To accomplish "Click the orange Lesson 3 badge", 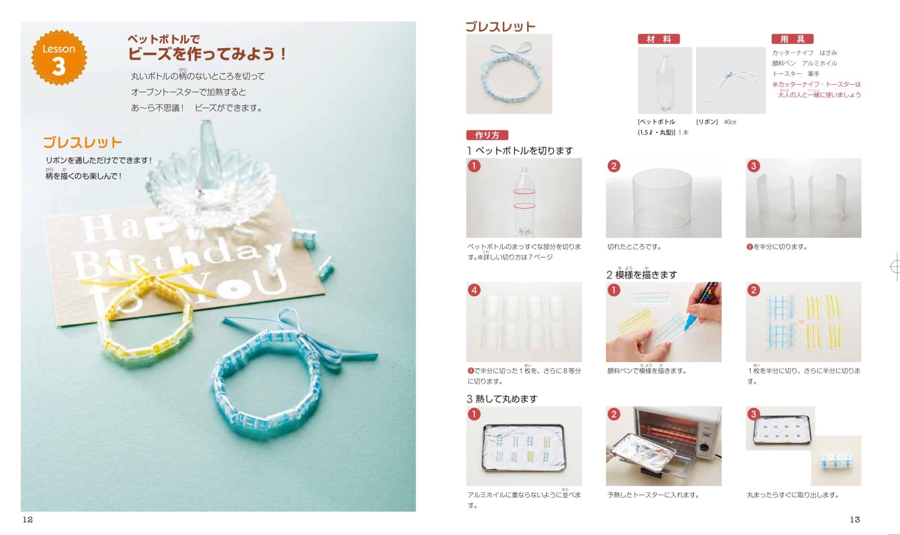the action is pyautogui.click(x=59, y=57).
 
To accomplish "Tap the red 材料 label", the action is pyautogui.click(x=658, y=39).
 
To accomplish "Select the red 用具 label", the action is pyautogui.click(x=792, y=39).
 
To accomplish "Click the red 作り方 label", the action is pyautogui.click(x=487, y=135).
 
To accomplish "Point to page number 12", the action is pyautogui.click(x=28, y=520).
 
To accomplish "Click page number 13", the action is pyautogui.click(x=855, y=520).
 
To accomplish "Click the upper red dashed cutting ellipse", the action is pyautogui.click(x=524, y=191).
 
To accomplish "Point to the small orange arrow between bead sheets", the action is pyautogui.click(x=801, y=322).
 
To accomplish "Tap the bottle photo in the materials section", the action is pyautogui.click(x=665, y=81).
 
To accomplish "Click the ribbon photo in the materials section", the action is pyautogui.click(x=731, y=81).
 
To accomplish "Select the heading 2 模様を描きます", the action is pyautogui.click(x=641, y=274).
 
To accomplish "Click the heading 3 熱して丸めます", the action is pyautogui.click(x=502, y=399).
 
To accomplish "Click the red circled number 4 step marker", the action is pyautogui.click(x=474, y=290).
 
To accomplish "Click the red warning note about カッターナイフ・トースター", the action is pyautogui.click(x=817, y=89).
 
